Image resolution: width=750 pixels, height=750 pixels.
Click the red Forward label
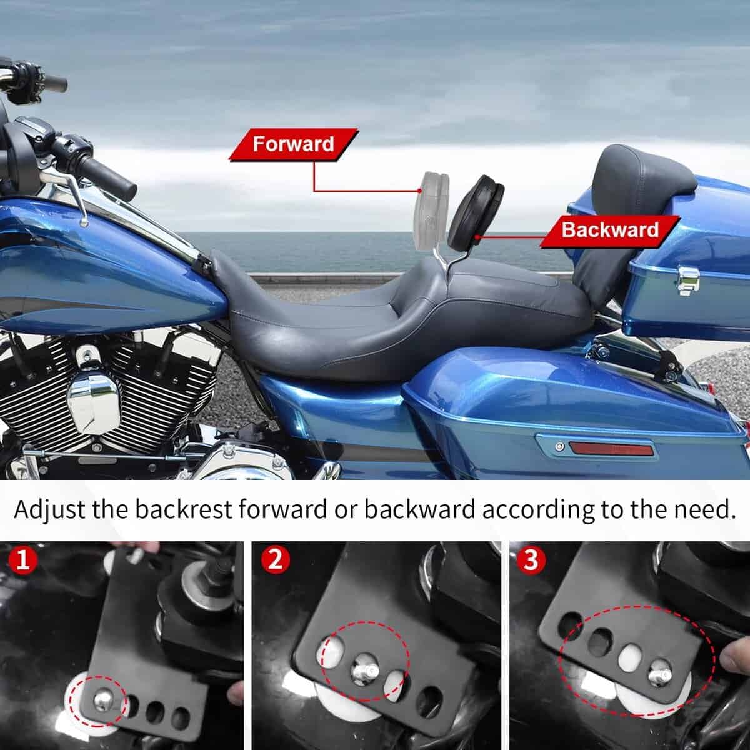pyautogui.click(x=294, y=144)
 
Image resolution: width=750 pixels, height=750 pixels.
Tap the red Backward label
pyautogui.click(x=610, y=231)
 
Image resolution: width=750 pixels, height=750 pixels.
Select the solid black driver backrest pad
pyautogui.click(x=478, y=209)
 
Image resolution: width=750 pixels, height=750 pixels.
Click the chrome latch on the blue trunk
pyautogui.click(x=687, y=279)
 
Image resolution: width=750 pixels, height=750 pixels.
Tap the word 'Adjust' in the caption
pyautogui.click(x=49, y=510)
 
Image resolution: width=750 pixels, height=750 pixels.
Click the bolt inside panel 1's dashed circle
pyautogui.click(x=102, y=698)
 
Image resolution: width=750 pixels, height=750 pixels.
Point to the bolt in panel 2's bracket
pyautogui.click(x=364, y=671)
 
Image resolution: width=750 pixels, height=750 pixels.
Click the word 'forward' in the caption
pyautogui.click(x=282, y=509)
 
